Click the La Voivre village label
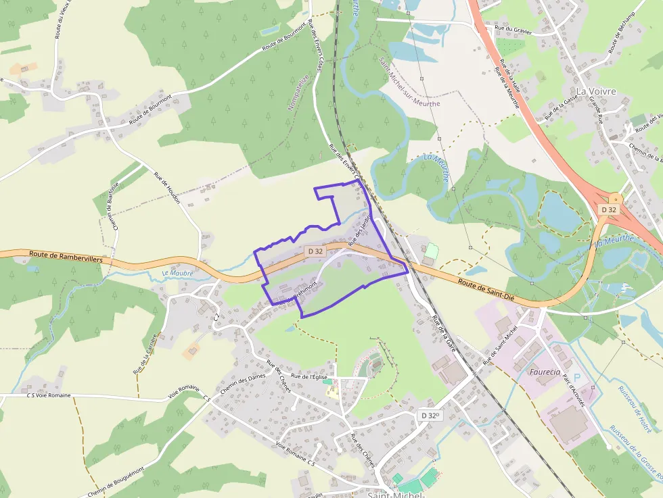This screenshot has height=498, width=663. pos(596,91)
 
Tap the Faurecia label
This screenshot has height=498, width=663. pos(545,372)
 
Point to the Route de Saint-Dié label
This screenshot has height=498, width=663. pos(486,287)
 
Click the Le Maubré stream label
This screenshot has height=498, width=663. pos(178,273)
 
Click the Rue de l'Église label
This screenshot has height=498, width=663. pos(309,376)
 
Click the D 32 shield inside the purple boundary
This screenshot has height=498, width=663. pos(315,251)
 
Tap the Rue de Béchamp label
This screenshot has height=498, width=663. pos(622,33)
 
